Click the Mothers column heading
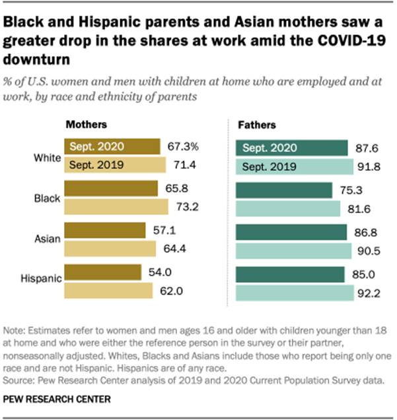[x=86, y=124]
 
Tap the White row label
[x=46, y=158]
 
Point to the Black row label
[x=47, y=198]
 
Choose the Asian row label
[x=47, y=239]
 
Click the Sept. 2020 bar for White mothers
[x=112, y=147]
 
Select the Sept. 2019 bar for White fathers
[x=293, y=167]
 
